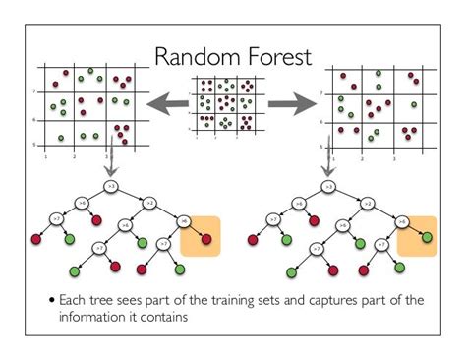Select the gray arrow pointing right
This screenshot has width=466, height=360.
[x=293, y=99]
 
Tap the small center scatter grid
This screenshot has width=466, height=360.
[x=231, y=103]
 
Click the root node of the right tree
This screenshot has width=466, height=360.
[x=328, y=185]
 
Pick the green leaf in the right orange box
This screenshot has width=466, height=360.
[x=425, y=237]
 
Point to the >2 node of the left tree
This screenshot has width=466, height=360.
[x=150, y=204]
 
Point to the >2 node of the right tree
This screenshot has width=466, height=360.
[x=367, y=204]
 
